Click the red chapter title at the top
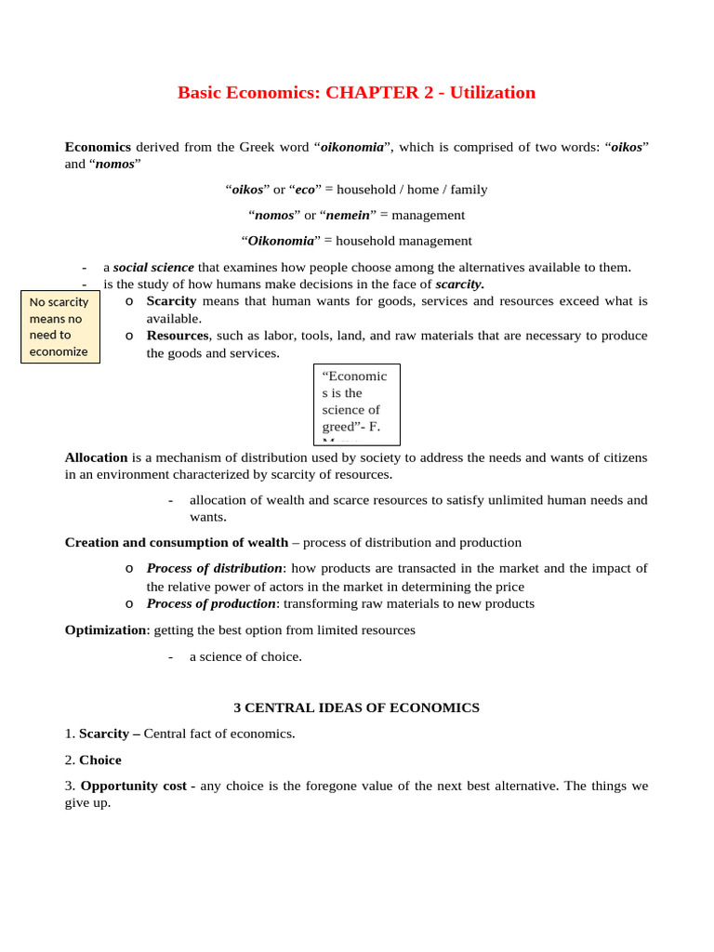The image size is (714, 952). click(356, 93)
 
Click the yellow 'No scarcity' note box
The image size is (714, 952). click(59, 326)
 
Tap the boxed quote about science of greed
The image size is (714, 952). click(356, 404)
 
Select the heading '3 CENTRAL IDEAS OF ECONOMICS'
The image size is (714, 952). click(356, 707)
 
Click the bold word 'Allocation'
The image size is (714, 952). click(96, 457)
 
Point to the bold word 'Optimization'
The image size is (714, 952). click(105, 630)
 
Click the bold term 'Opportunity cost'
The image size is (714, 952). click(133, 786)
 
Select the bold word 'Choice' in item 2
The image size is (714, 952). click(99, 760)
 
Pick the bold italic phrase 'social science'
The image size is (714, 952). click(153, 268)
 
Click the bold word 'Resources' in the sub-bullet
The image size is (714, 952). click(177, 336)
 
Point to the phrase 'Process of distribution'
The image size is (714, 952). click(214, 568)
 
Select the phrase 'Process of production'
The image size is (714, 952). click(210, 603)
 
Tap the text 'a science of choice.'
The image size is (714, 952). click(245, 656)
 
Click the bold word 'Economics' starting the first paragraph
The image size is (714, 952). click(98, 147)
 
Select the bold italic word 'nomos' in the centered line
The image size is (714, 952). click(274, 215)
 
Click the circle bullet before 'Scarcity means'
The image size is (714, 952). click(129, 301)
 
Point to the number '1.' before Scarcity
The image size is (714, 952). click(70, 734)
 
